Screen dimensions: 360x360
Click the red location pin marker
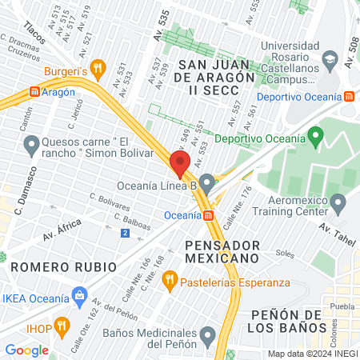coord(179,163)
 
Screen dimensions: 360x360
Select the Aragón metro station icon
coord(34,91)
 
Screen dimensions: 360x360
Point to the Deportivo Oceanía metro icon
coord(350,97)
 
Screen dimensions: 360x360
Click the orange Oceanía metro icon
coord(208,215)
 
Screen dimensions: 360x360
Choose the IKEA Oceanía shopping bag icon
coord(79,297)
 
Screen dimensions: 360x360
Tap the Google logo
coord(26,350)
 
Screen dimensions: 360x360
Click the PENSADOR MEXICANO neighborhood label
coord(222,250)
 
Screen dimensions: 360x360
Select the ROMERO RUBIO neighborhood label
coord(48,265)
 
